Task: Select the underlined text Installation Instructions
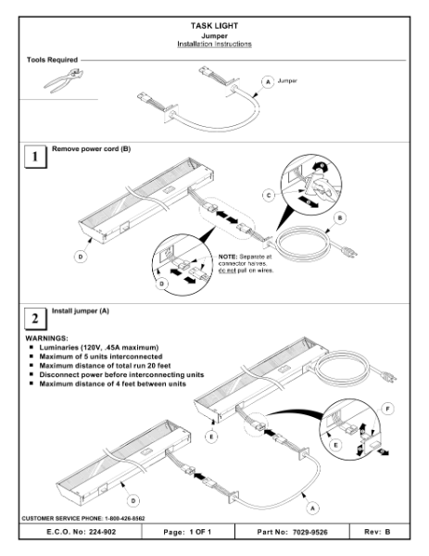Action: [x=215, y=44]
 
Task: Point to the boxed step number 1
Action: [x=33, y=158]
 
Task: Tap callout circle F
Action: [x=387, y=407]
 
